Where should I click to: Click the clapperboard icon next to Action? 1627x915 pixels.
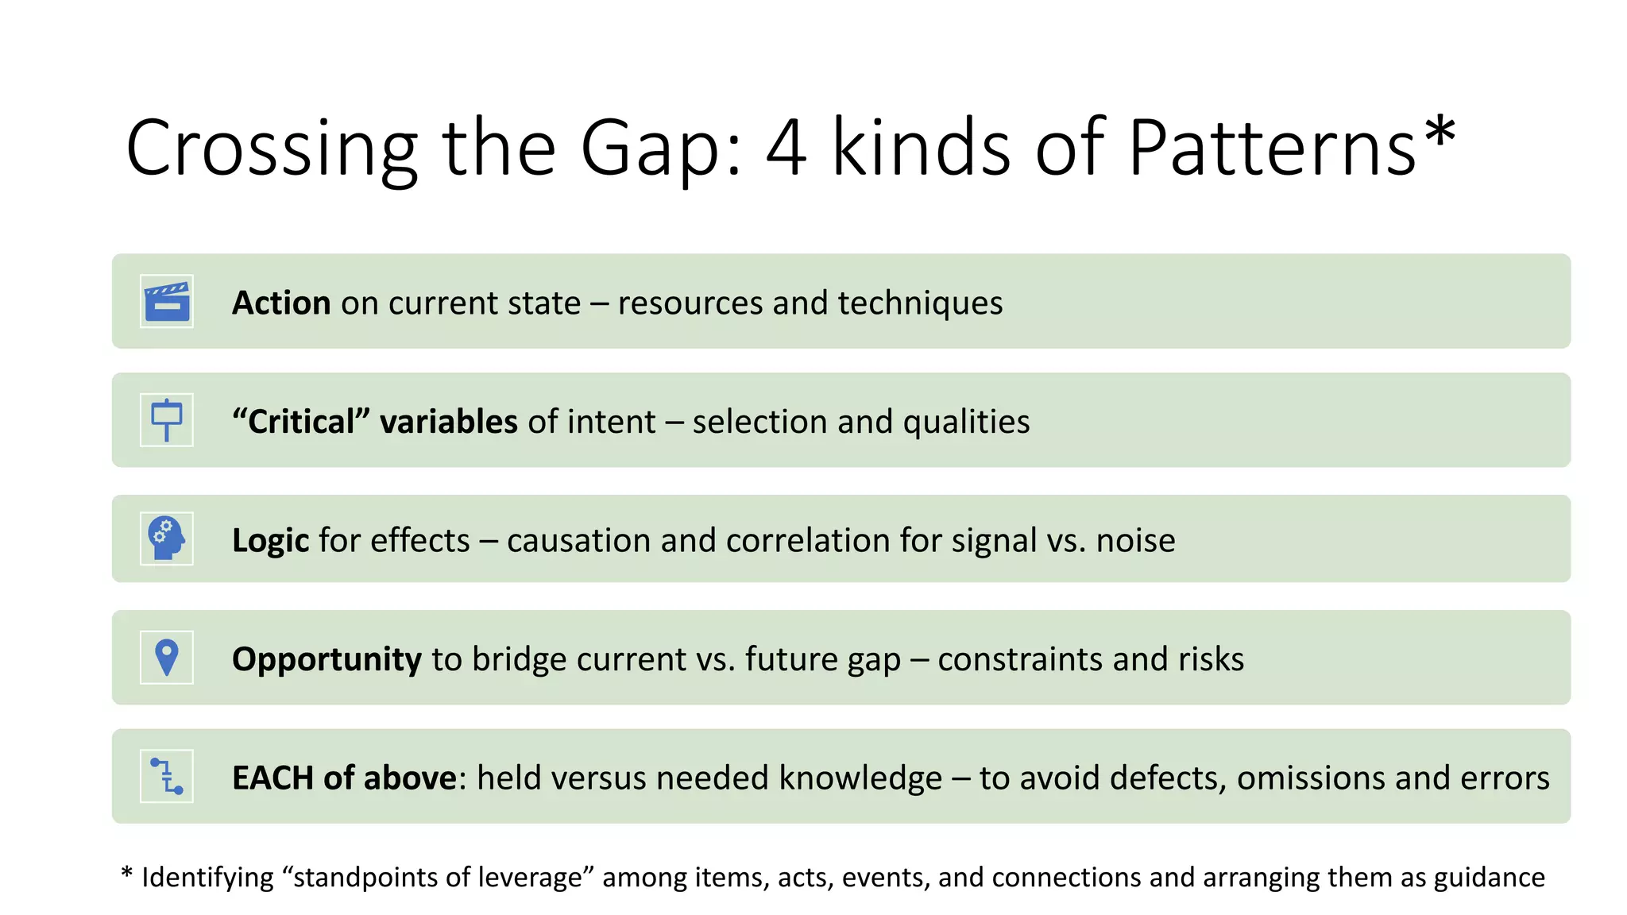click(x=167, y=302)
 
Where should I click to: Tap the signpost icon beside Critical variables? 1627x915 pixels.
click(x=167, y=420)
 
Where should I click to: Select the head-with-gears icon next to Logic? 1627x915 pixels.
click(x=167, y=539)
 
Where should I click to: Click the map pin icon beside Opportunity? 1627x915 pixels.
click(x=167, y=658)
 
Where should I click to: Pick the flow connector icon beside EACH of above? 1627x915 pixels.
click(x=167, y=776)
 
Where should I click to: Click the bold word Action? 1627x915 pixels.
click(x=281, y=303)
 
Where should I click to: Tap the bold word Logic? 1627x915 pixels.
click(x=270, y=541)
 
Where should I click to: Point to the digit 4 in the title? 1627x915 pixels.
click(x=786, y=148)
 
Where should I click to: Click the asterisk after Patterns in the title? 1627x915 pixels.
click(x=1440, y=132)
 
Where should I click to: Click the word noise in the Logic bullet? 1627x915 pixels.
click(x=1135, y=541)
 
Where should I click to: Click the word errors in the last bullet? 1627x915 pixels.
click(x=1510, y=778)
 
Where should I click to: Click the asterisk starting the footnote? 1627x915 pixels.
click(x=126, y=874)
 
